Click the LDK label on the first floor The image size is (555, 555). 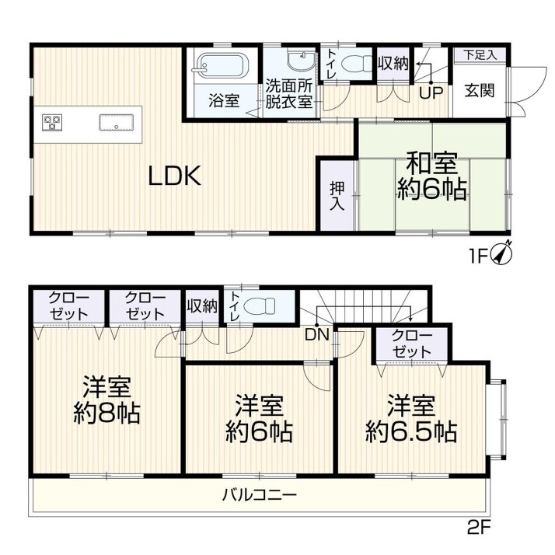175,176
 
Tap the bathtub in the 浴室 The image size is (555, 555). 220,65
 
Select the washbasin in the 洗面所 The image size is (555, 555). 301,61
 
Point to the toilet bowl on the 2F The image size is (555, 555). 260,305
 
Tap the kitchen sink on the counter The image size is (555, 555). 116,123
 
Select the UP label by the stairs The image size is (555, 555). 431,92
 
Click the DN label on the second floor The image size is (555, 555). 317,334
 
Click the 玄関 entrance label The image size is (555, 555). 480,91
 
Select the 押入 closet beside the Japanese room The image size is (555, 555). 337,196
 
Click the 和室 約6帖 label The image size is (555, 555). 431,176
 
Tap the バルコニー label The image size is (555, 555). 259,494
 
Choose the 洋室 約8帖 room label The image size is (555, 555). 107,400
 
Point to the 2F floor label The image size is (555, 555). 479,529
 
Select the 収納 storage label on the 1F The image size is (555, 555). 393,64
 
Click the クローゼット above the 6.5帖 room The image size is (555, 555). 412,344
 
